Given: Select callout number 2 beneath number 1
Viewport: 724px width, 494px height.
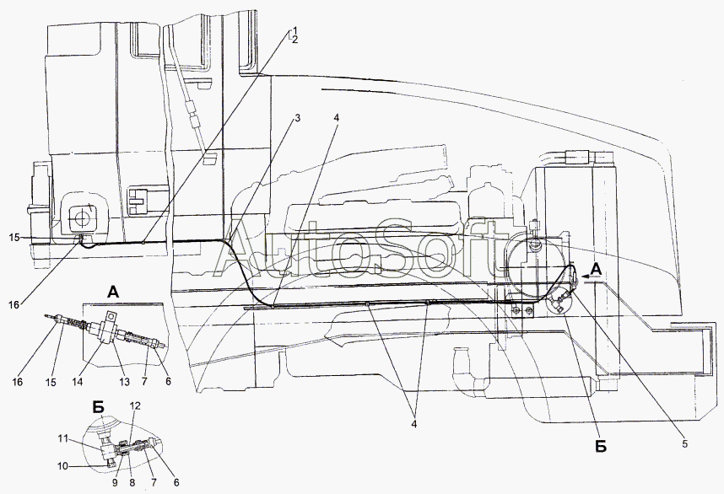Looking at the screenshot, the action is click(x=294, y=40).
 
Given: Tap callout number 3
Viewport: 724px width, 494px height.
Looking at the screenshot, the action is click(x=297, y=119).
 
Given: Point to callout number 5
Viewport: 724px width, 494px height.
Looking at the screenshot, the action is click(x=684, y=443).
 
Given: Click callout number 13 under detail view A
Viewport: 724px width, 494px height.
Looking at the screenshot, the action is click(x=125, y=382).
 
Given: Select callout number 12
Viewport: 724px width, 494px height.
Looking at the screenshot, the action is click(x=135, y=405).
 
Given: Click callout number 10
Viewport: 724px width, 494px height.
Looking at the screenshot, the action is click(x=62, y=466).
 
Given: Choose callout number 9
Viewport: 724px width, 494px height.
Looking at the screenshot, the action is click(x=115, y=482).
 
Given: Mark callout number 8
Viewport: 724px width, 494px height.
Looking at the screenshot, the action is click(x=132, y=482).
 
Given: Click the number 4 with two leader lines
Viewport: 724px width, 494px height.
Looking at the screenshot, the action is click(x=414, y=423).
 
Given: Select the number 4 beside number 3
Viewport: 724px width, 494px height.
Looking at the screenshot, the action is click(x=337, y=118).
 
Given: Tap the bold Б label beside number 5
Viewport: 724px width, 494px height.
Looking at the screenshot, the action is click(x=600, y=446).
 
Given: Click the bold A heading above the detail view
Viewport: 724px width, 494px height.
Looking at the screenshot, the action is click(x=114, y=292).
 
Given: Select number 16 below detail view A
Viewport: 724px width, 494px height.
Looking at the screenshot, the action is click(x=17, y=382).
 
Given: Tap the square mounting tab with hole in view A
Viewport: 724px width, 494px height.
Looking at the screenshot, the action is click(x=111, y=317).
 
